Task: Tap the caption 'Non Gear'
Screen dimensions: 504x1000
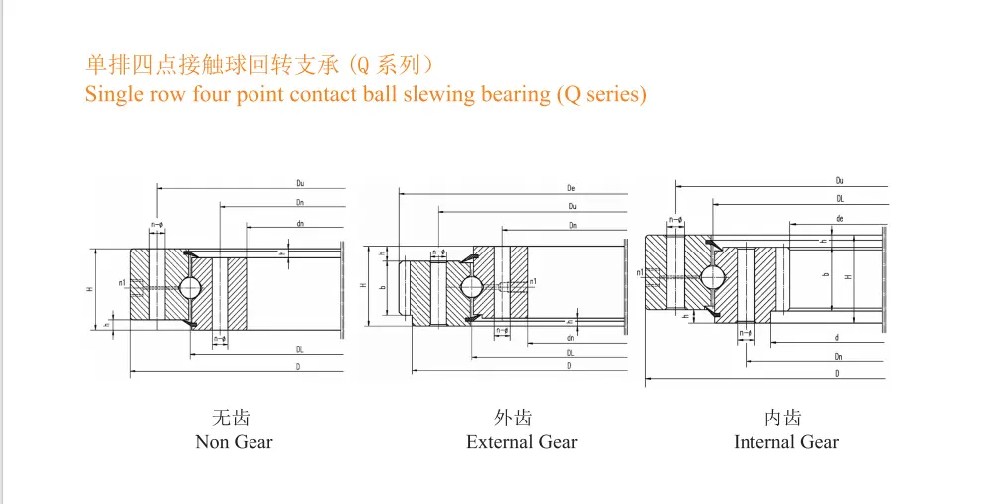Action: click(x=234, y=442)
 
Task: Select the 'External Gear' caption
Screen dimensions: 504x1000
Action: click(x=521, y=442)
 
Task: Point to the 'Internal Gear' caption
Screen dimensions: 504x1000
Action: click(x=786, y=442)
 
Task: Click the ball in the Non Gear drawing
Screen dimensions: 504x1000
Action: click(x=191, y=287)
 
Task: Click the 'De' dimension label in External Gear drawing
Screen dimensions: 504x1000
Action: click(x=572, y=188)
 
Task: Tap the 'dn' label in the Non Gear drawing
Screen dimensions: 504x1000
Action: click(x=299, y=224)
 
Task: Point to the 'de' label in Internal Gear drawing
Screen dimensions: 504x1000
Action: click(x=840, y=218)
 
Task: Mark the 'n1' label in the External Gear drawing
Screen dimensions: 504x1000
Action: click(x=533, y=282)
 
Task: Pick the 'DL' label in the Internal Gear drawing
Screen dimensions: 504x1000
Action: click(x=840, y=199)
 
